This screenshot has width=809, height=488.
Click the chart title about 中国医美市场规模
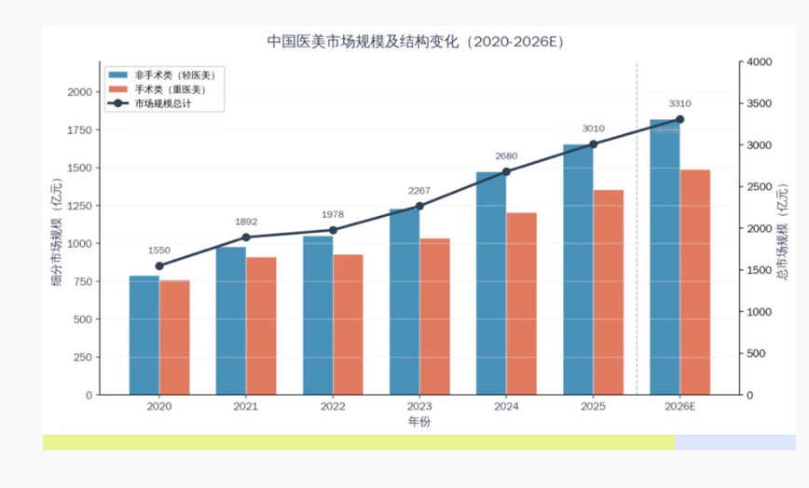click(416, 41)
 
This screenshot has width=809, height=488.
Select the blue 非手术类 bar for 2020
click(144, 335)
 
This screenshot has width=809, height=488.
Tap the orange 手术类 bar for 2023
click(434, 317)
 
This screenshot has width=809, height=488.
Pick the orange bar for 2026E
click(695, 282)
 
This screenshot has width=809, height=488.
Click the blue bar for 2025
click(578, 269)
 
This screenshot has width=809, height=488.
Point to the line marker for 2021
click(246, 237)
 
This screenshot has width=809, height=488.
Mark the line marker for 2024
click(506, 171)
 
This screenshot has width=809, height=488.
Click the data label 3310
click(679, 103)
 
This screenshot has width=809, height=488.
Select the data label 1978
click(332, 214)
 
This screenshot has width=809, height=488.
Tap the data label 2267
click(419, 191)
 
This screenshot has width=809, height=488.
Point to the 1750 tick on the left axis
click(79, 129)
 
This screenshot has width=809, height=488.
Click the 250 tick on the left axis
click(83, 357)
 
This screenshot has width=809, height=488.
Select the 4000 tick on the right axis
click(760, 61)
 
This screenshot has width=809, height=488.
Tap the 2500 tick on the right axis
click(760, 186)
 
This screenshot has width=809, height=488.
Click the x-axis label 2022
click(333, 406)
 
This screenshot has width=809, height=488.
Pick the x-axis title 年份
click(419, 422)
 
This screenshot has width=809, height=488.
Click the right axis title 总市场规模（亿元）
click(782, 232)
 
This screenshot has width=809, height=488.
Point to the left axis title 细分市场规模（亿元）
click(56, 232)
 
